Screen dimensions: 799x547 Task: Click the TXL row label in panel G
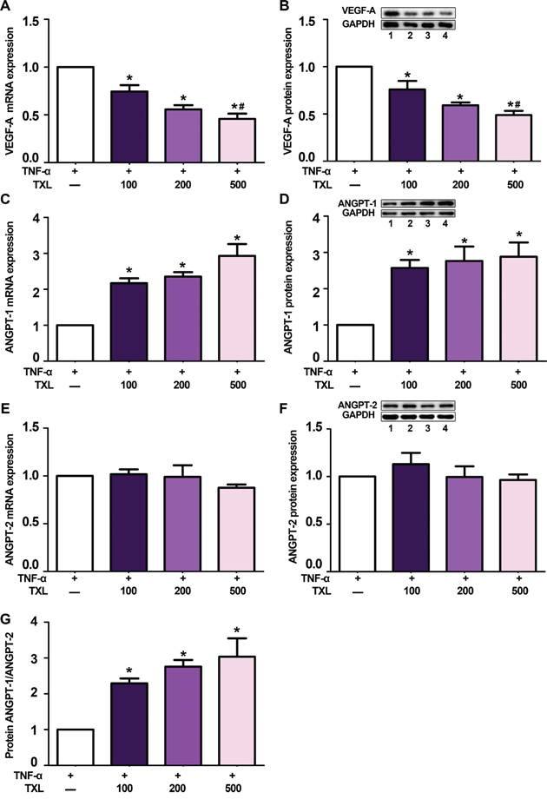coord(23,789)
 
